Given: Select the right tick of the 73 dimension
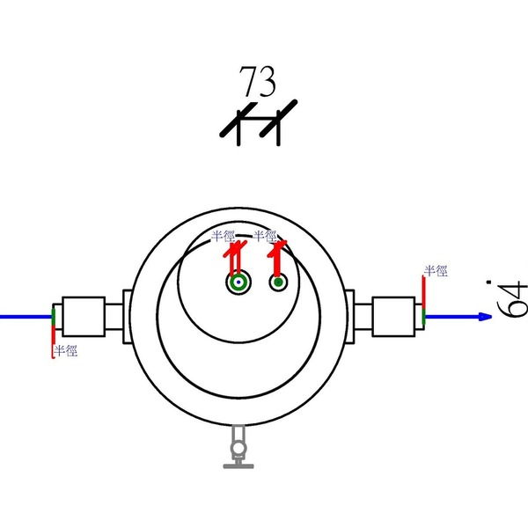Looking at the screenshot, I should pos(277,126).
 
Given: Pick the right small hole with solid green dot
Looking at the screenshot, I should pos(278,282).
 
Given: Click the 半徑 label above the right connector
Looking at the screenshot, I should pos(436,270).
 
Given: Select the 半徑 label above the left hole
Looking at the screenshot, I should pos(224,236).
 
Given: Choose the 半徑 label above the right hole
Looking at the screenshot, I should pos(265,236).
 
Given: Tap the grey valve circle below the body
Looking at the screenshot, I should pos(238,451).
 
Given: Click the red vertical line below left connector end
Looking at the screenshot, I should pos(54,333).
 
